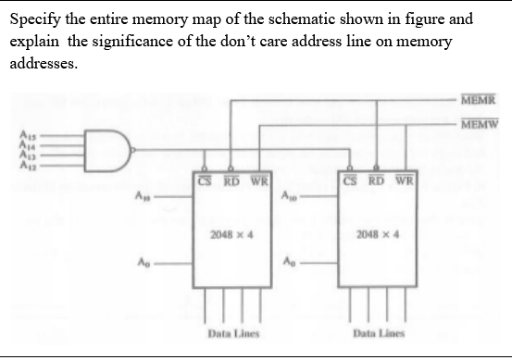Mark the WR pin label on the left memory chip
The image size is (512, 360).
[x=259, y=179]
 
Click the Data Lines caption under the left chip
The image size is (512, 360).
[x=231, y=331]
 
